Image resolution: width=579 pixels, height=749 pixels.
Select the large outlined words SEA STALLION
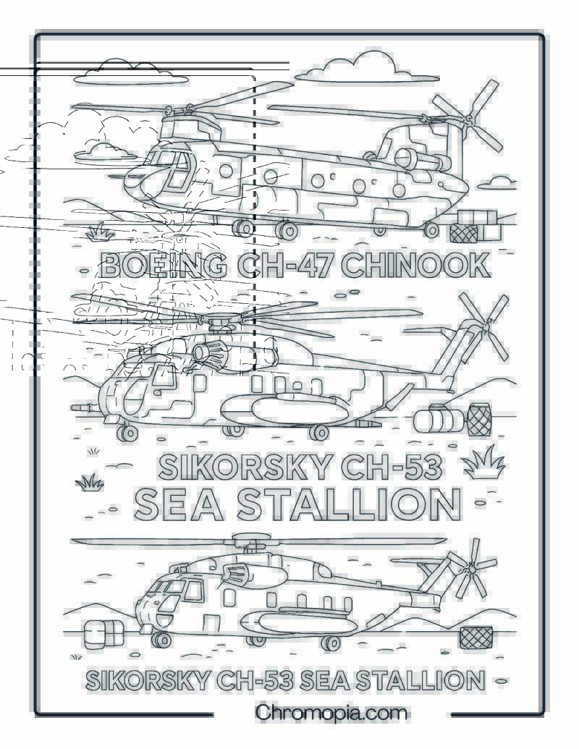[x=298, y=504]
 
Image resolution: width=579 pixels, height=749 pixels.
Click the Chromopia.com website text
[x=331, y=713]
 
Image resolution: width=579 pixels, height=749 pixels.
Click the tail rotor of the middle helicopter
[x=483, y=326]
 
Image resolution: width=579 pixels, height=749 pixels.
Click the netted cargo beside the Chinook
[x=464, y=233]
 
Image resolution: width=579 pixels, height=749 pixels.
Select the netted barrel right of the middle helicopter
[x=479, y=420]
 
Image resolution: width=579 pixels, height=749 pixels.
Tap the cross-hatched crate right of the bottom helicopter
[x=476, y=638]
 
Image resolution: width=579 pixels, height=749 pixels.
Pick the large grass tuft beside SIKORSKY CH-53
[x=483, y=462]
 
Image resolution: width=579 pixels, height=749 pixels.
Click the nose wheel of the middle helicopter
[x=127, y=433]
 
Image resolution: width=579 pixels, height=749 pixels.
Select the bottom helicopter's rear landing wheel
[x=330, y=642]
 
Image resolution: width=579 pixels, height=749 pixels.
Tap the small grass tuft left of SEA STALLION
[x=90, y=483]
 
